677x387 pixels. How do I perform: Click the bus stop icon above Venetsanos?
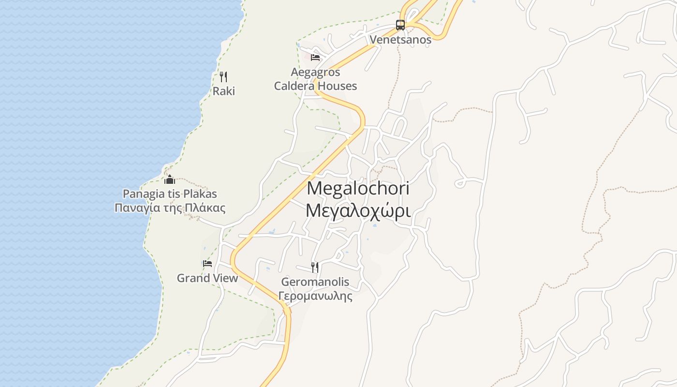click(x=400, y=25)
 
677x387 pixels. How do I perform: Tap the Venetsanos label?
click(x=400, y=40)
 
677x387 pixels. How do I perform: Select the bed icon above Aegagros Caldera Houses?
click(x=315, y=58)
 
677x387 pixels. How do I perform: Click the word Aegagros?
click(x=315, y=73)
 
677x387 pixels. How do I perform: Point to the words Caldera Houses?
click(x=315, y=86)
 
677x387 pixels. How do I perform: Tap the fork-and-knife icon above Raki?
click(x=223, y=76)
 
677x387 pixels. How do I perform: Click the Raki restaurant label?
click(x=224, y=91)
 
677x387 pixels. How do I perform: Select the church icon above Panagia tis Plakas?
click(x=170, y=180)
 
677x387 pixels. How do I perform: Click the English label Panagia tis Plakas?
click(x=170, y=194)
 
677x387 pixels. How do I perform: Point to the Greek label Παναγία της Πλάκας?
click(x=170, y=208)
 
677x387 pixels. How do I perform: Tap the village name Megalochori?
click(x=358, y=188)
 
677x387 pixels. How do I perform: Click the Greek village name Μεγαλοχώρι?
click(x=358, y=211)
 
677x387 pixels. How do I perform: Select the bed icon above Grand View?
click(x=207, y=264)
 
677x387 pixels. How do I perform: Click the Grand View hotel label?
click(x=207, y=278)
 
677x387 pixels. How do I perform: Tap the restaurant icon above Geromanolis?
click(x=315, y=267)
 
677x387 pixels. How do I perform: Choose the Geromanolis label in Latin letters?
click(x=315, y=282)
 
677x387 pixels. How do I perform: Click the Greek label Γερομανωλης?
click(x=315, y=296)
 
